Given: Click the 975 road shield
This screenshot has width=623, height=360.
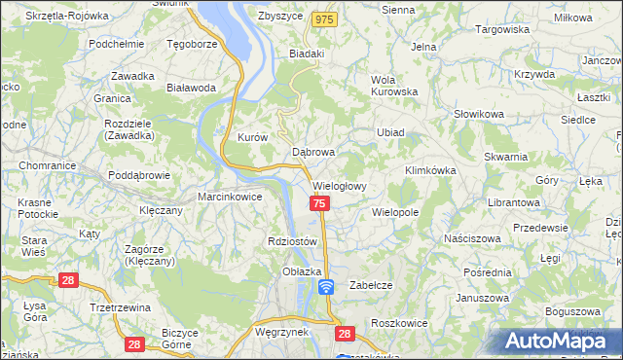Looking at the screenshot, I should (325, 19).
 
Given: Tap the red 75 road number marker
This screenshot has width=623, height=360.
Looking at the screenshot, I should (319, 202).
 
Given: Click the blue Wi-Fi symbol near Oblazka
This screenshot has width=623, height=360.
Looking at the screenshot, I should (326, 286).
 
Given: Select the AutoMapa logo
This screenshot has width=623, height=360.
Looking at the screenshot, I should (558, 341).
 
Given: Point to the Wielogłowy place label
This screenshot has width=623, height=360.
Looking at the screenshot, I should (339, 185).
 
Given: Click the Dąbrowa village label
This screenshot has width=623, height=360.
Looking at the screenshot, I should (313, 153).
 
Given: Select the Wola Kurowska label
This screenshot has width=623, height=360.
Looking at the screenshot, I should (393, 87).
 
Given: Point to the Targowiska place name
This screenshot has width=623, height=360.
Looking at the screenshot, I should (501, 29).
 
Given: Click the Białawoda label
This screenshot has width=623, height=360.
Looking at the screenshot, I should (191, 88).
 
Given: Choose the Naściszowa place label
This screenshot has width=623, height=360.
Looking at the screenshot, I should (471, 238).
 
